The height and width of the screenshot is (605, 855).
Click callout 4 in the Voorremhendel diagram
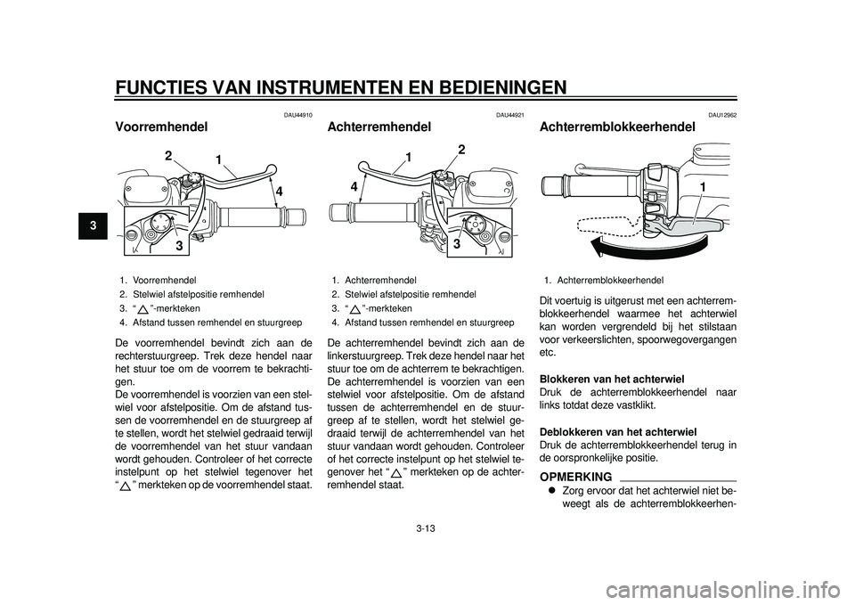pyautogui.click(x=278, y=190)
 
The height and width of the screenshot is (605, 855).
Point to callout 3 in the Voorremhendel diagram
pyautogui.click(x=179, y=243)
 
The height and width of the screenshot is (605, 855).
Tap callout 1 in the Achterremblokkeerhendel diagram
pyautogui.click(x=703, y=186)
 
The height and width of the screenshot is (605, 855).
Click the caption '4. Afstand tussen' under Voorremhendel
pyautogui.click(x=209, y=322)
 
